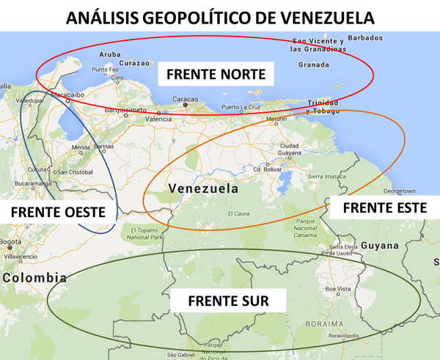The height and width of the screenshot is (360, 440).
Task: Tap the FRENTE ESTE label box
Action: point(384,207)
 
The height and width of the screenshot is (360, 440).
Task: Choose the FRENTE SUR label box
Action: point(227,301)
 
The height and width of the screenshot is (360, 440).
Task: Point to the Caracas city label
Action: point(185,99)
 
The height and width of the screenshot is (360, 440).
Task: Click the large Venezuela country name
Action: point(203,188)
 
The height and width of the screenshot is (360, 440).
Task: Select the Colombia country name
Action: point(34,278)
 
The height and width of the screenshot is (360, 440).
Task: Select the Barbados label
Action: point(364,37)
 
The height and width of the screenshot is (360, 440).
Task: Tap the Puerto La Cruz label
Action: point(241,107)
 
